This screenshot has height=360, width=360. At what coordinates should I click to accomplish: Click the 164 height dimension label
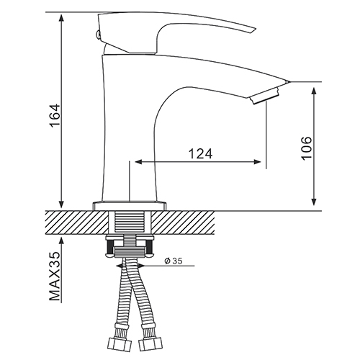click(x=55, y=115)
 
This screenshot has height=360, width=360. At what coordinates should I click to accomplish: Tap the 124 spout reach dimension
click(x=200, y=153)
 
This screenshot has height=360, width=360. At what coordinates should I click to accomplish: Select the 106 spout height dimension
click(x=307, y=148)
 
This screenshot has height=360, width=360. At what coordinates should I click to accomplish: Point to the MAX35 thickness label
click(x=55, y=276)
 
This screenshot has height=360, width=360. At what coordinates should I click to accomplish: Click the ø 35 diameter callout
click(x=174, y=261)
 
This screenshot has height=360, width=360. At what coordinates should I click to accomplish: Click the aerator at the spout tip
click(x=265, y=96)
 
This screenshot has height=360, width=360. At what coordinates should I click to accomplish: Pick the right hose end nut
click(x=150, y=343)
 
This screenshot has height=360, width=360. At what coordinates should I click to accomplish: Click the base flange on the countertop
click(x=130, y=206)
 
